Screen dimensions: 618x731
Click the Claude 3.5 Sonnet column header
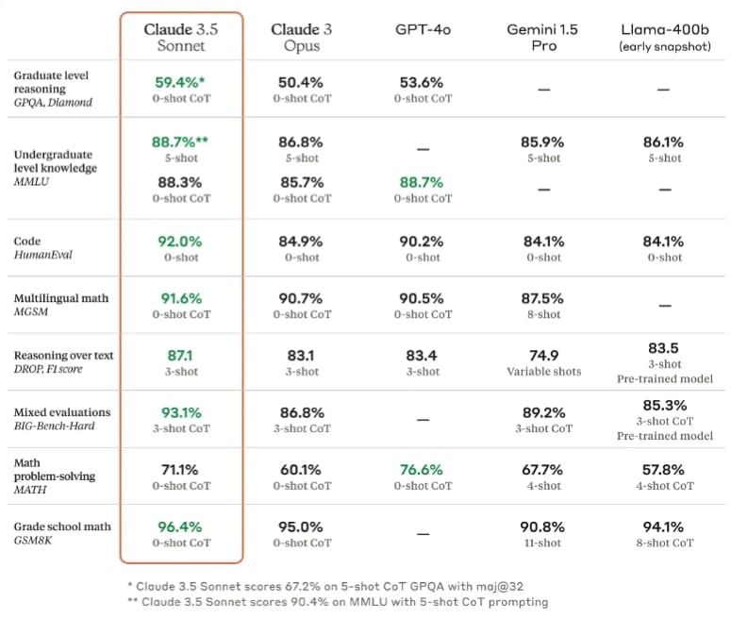click(181, 38)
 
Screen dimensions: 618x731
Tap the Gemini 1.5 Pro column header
click(543, 38)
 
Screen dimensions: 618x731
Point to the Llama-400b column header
click(664, 37)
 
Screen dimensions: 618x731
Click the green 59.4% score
click(180, 82)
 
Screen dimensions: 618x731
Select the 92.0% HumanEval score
click(180, 241)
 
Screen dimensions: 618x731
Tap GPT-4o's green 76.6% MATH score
click(422, 469)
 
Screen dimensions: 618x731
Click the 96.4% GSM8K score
click(180, 526)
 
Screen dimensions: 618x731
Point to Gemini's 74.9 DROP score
click(542, 355)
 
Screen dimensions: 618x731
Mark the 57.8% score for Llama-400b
click(663, 469)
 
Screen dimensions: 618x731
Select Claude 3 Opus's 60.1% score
click(301, 469)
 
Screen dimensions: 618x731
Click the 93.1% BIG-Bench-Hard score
click(180, 412)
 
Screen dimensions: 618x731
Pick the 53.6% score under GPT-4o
click(422, 82)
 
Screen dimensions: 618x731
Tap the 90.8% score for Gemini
click(542, 526)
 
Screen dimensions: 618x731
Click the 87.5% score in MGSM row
click(542, 298)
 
